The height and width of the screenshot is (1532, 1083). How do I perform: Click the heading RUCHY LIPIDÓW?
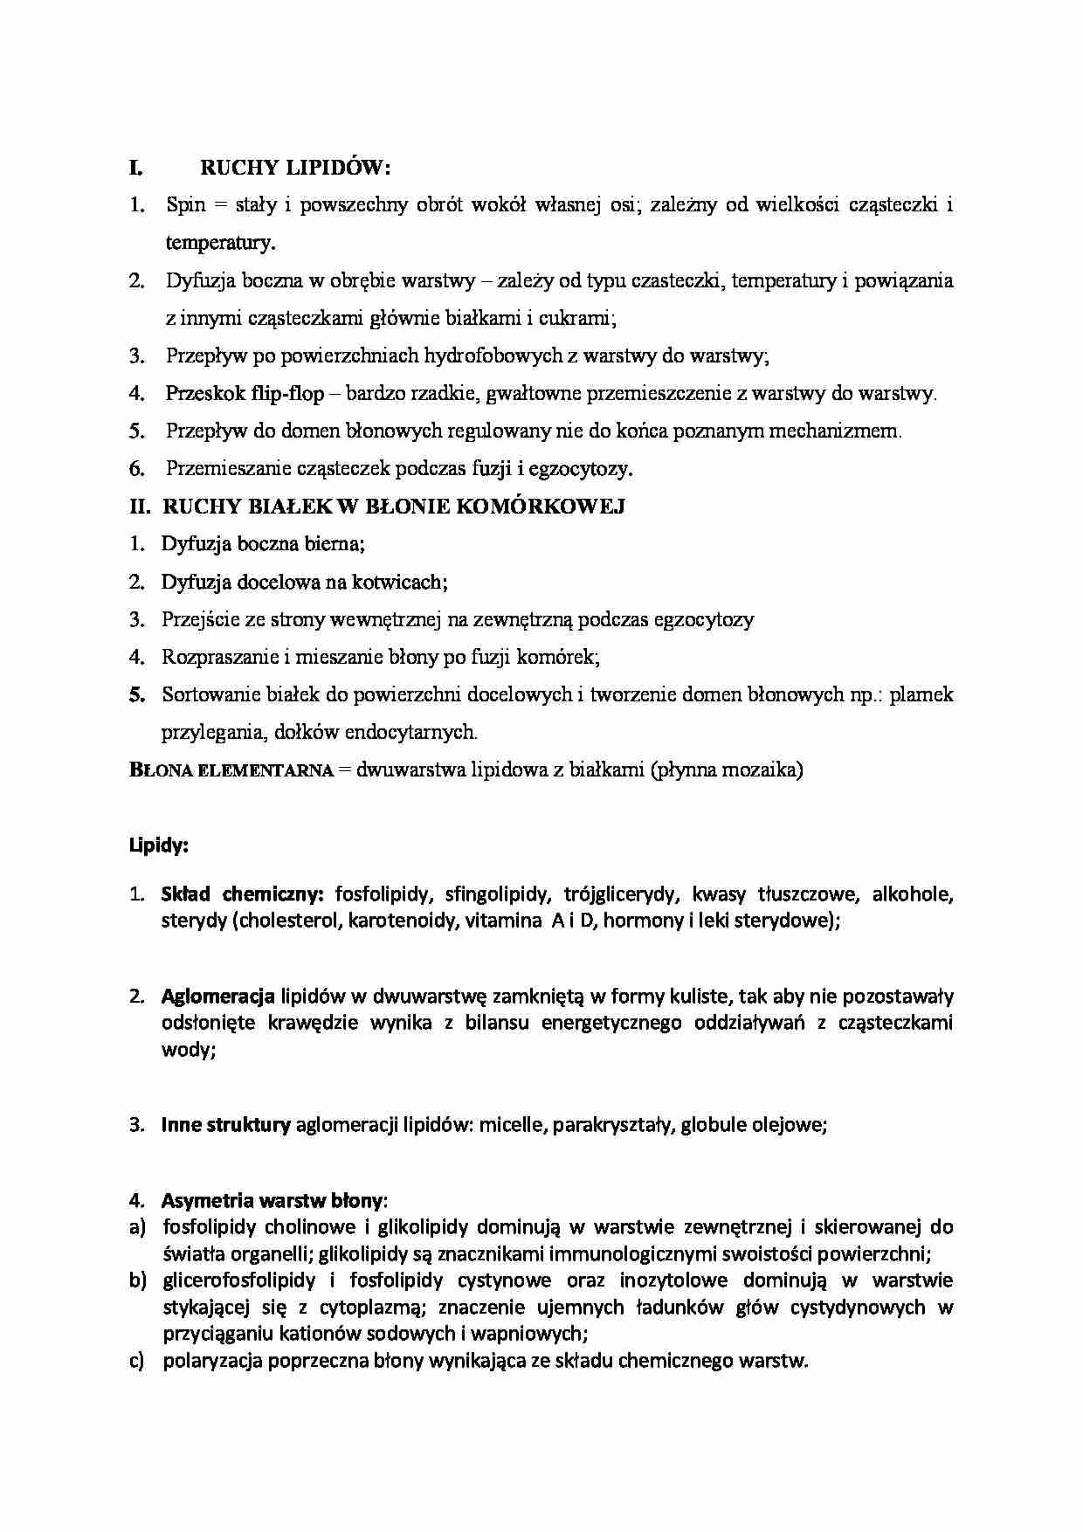(x=296, y=167)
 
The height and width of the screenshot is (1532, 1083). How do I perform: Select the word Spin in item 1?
(x=185, y=204)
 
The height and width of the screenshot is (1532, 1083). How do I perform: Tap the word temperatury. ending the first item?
(x=220, y=243)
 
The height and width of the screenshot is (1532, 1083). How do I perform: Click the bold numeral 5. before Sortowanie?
(x=136, y=695)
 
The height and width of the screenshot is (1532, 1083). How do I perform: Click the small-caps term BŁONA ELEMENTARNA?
(x=231, y=770)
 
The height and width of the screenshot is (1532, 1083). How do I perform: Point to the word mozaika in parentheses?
(x=762, y=769)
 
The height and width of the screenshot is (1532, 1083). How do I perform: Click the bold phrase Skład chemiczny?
(x=243, y=894)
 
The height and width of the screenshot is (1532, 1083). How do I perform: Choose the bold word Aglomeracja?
(x=217, y=996)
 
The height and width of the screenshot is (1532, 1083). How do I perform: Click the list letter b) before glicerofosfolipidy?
(x=137, y=1280)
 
